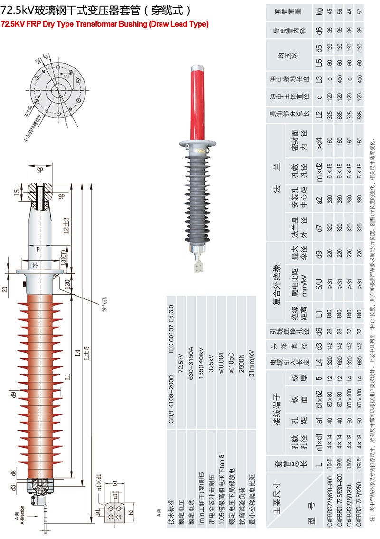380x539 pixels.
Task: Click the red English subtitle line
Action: (105, 24)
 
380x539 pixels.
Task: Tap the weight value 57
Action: (361, 19)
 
